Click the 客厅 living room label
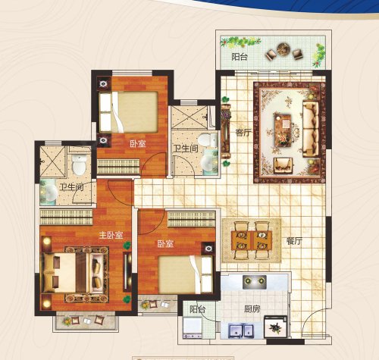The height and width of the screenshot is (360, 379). click(x=243, y=132)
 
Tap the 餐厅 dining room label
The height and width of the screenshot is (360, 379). click(x=294, y=241)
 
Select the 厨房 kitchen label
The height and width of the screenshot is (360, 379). click(x=252, y=308)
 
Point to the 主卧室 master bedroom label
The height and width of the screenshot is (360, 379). click(x=111, y=235)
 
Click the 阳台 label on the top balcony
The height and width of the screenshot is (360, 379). click(x=240, y=57)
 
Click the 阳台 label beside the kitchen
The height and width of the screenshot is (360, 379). click(x=197, y=309)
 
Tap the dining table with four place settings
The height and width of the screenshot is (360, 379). click(x=252, y=240)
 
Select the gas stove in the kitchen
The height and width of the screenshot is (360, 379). click(x=255, y=282)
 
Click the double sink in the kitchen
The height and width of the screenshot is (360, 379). click(x=241, y=330)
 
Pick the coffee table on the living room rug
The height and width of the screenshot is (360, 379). click(x=283, y=130)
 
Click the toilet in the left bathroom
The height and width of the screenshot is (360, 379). click(x=79, y=164)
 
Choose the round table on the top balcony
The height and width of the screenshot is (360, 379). click(x=284, y=49)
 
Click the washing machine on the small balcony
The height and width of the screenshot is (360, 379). click(x=193, y=328)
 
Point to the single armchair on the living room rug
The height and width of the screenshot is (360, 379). click(x=283, y=165)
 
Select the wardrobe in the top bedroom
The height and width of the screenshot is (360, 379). click(x=118, y=167)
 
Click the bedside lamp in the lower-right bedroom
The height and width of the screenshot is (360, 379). click(x=208, y=249)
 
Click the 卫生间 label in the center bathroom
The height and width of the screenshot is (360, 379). click(x=186, y=149)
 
